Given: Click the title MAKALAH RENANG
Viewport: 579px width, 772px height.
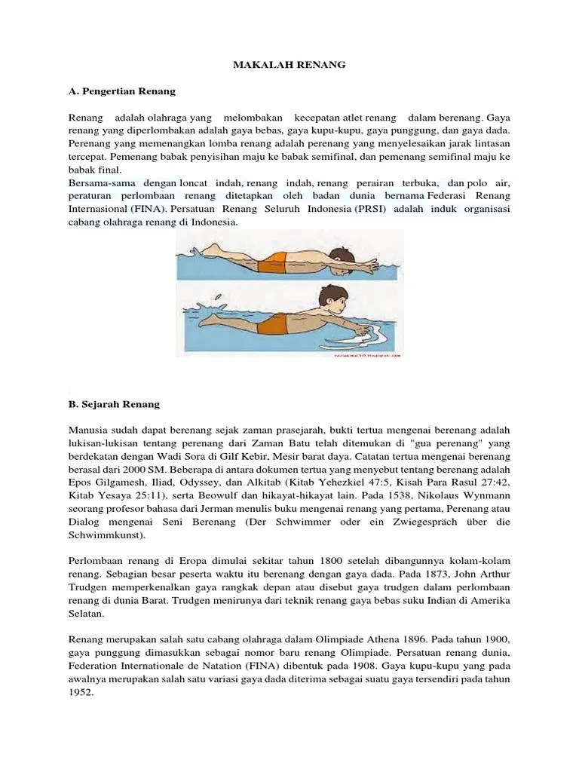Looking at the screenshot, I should click(x=289, y=65).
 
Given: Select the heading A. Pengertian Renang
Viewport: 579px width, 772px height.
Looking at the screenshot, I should click(x=121, y=91).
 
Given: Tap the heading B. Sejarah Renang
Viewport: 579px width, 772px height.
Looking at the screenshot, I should click(x=114, y=404).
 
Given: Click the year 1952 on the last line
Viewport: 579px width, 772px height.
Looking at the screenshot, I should click(x=81, y=694).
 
